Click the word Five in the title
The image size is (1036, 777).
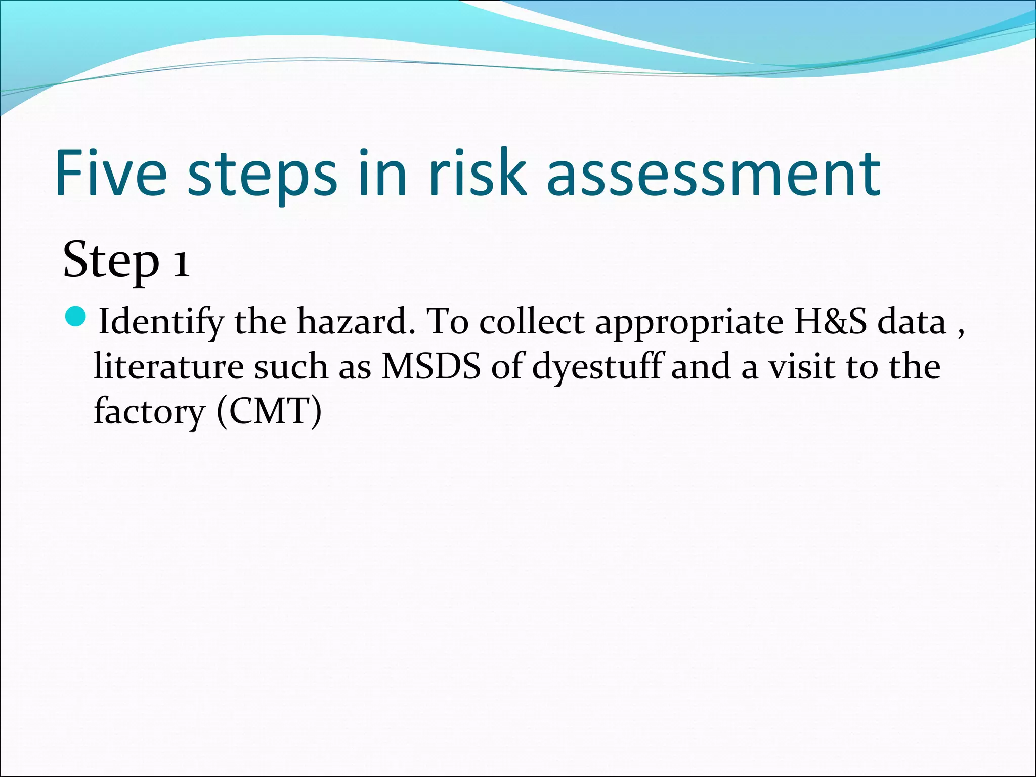click(111, 173)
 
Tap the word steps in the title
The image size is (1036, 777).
click(262, 175)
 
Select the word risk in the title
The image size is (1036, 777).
click(478, 173)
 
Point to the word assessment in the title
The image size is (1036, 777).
click(713, 175)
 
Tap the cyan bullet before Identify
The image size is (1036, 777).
click(77, 316)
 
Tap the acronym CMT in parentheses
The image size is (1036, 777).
click(269, 411)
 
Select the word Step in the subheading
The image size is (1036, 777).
click(110, 261)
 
